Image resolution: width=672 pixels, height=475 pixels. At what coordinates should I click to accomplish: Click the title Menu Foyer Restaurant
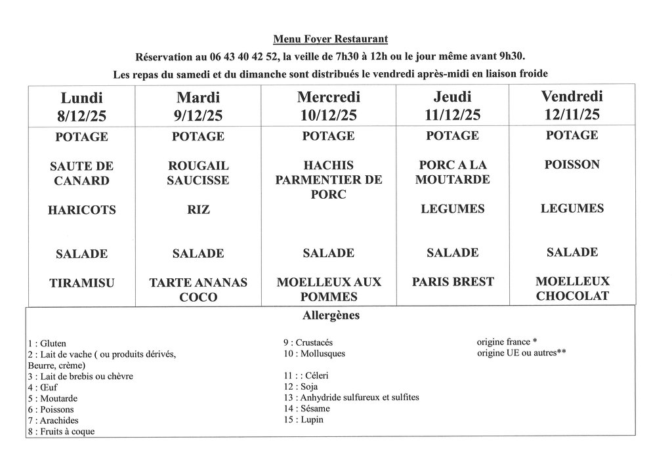tap(335, 40)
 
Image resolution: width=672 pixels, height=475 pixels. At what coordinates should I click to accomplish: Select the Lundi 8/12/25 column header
tap(81, 106)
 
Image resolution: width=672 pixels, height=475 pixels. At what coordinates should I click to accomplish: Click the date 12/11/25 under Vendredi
tap(572, 114)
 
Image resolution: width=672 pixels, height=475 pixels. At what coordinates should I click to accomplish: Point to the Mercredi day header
tap(329, 98)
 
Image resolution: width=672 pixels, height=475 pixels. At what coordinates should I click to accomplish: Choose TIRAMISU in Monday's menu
tap(81, 283)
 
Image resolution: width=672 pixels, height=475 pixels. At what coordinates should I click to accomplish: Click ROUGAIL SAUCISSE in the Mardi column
tap(198, 173)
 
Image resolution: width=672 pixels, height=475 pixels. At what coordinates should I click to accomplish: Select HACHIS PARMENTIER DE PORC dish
tap(329, 180)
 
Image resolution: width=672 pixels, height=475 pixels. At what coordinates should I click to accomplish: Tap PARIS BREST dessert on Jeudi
tap(453, 282)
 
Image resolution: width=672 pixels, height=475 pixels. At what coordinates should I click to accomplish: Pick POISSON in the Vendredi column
tap(572, 165)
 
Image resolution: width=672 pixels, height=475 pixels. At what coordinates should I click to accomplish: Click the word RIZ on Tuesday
tap(198, 210)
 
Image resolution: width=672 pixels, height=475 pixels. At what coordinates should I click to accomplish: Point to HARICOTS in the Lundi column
tap(81, 210)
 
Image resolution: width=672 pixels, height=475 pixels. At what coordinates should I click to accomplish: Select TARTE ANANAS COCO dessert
tap(198, 290)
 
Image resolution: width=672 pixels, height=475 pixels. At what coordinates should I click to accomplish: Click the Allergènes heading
tap(331, 316)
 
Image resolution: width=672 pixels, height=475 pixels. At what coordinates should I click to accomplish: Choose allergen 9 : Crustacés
tap(308, 342)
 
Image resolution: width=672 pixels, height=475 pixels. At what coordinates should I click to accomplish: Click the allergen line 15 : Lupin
tap(304, 420)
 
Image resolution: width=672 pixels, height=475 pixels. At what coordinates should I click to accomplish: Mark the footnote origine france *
tap(507, 342)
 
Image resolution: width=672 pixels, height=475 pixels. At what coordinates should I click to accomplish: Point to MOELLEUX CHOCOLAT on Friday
tap(572, 289)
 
